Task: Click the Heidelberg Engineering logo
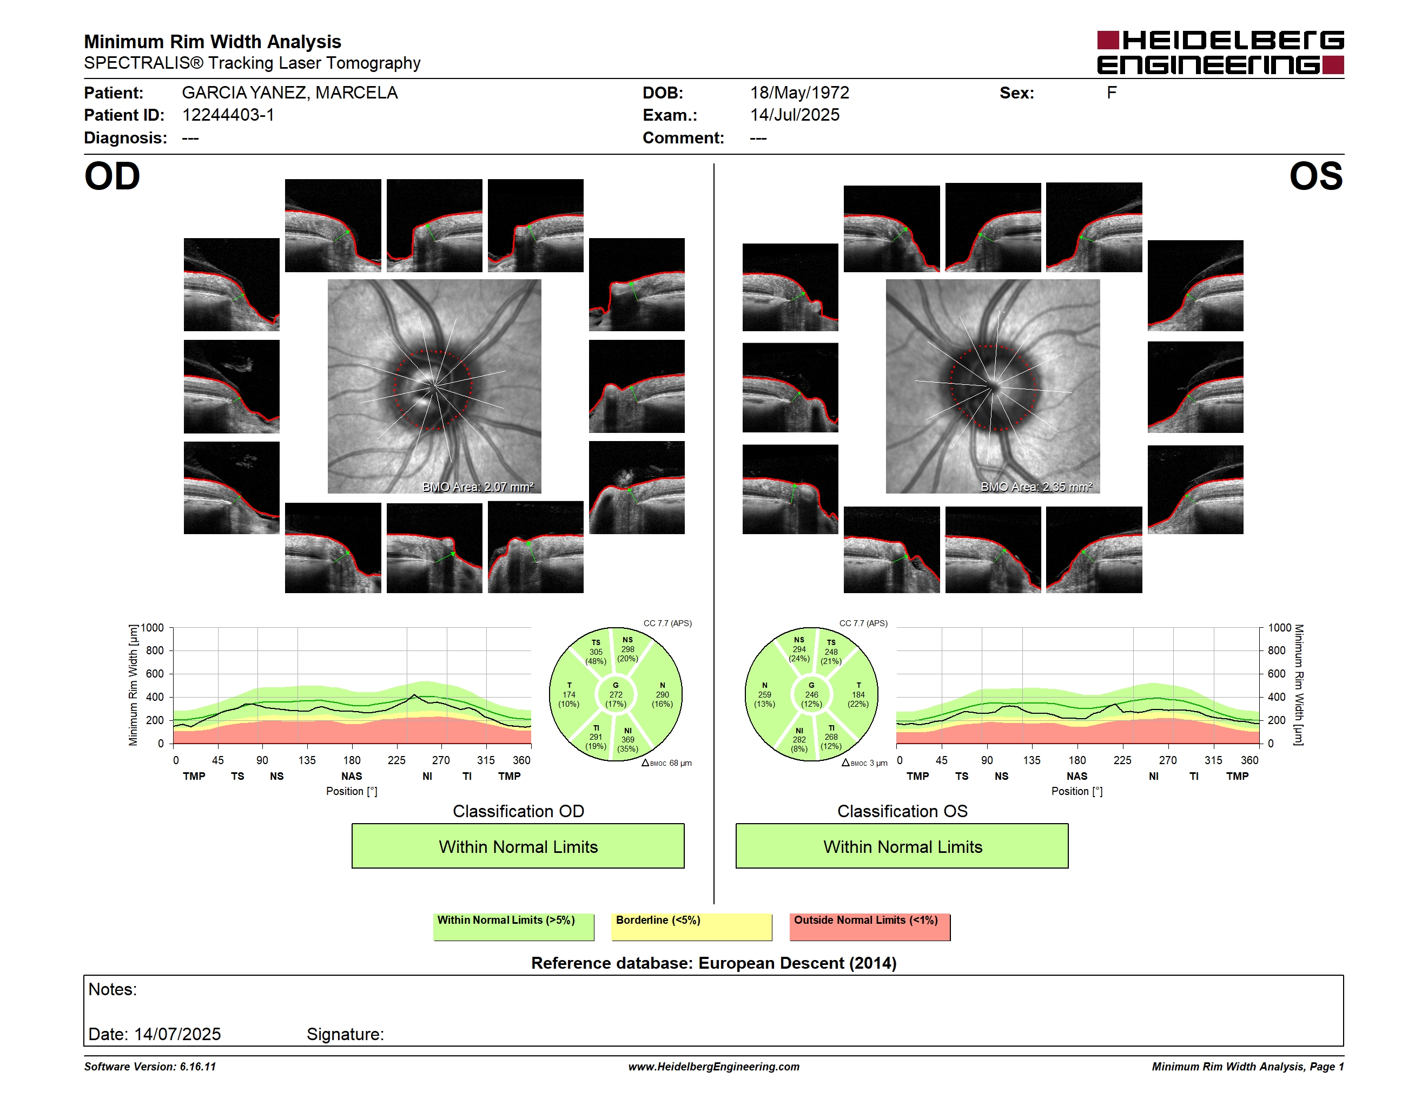pos(1220,52)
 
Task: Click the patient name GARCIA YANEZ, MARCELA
pos(289,93)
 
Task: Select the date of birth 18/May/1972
pos(799,93)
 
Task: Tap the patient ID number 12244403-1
pos(228,115)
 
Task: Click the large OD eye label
pos(112,176)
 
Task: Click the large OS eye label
pos(1316,176)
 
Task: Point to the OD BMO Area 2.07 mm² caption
pos(478,487)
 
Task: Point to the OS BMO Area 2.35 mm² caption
pos(1036,487)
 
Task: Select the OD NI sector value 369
pos(627,740)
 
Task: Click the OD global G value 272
pos(616,694)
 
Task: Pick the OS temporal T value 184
pos(858,694)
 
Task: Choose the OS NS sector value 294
pos(799,649)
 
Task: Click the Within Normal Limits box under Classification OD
pos(518,846)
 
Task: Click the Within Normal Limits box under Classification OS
pos(902,846)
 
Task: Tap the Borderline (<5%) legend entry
pos(692,926)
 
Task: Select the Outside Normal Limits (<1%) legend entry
pos(870,926)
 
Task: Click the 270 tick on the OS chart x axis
pos(1168,760)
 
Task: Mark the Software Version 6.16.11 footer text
pos(150,1067)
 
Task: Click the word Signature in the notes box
pos(345,1035)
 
